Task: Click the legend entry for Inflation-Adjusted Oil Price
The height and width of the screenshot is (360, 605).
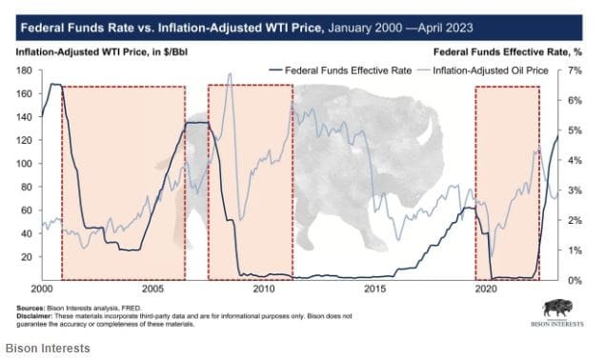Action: pos(491,71)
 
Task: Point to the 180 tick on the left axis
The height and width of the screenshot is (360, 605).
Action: pos(22,71)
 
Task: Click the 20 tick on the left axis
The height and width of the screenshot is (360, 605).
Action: pos(25,257)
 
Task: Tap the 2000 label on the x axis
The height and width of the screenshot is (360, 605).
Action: pos(41,289)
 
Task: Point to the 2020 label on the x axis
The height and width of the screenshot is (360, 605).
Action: pos(487,289)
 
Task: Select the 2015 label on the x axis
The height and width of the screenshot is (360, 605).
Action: pos(375,289)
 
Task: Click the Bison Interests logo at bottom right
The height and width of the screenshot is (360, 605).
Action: pos(563,313)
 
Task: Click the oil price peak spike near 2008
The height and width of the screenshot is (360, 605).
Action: pos(230,75)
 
